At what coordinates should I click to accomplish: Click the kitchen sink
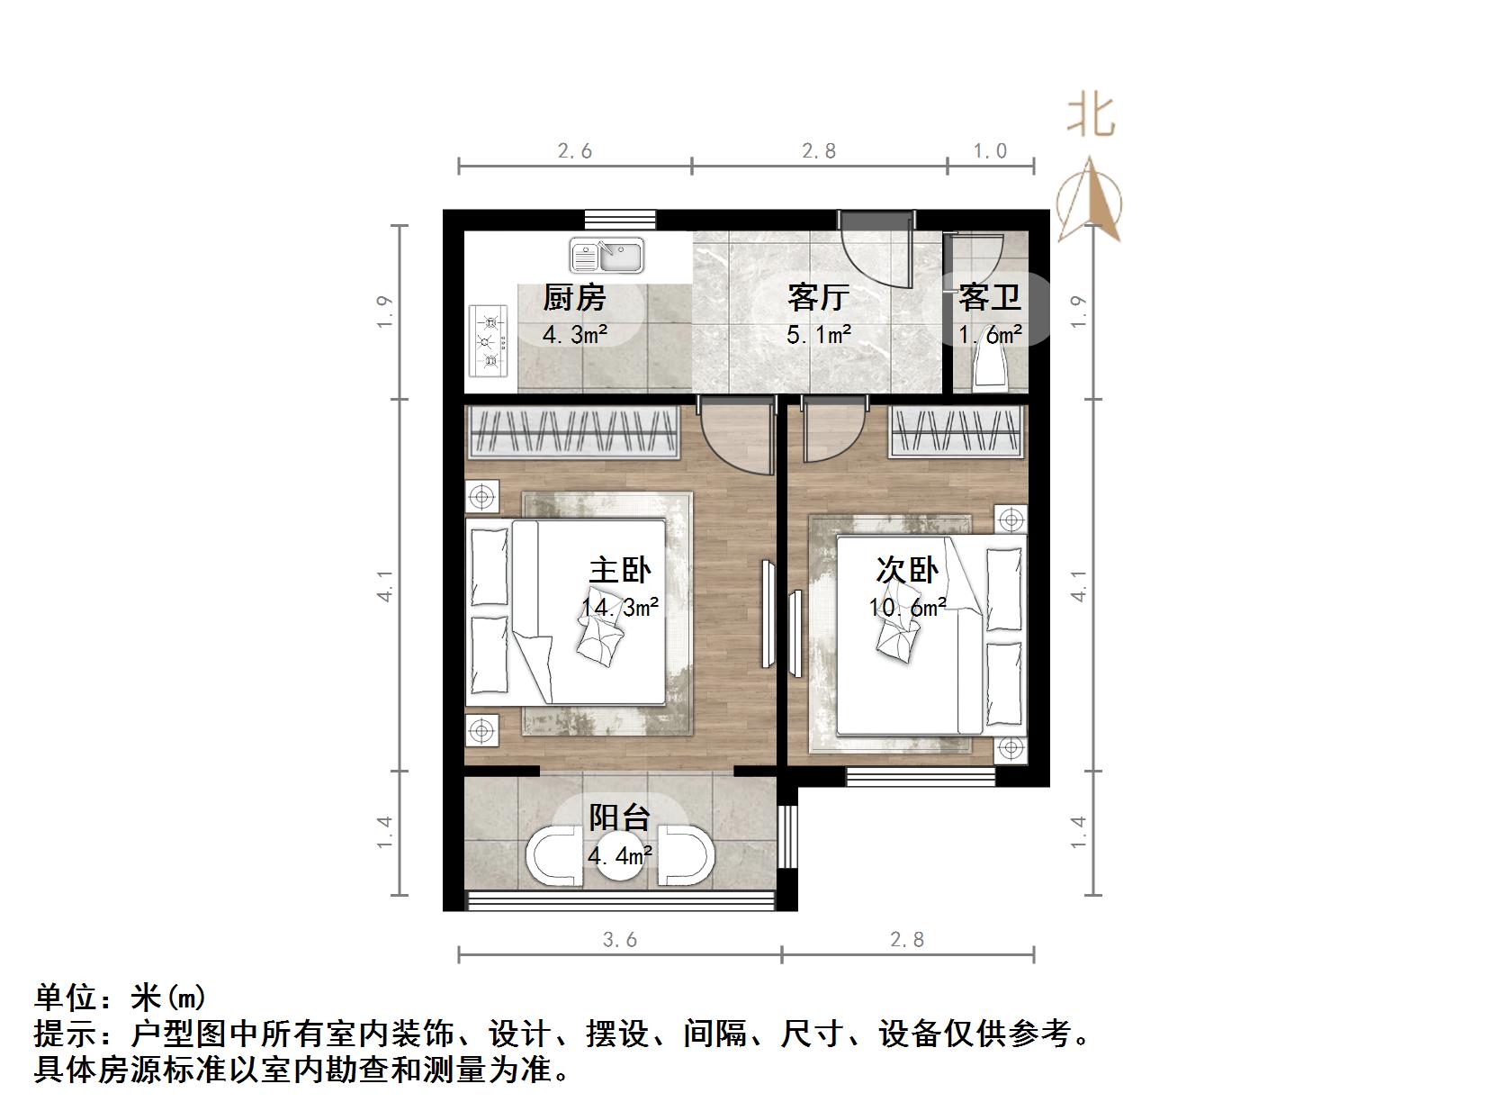click(x=607, y=256)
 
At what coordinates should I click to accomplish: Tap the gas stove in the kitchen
click(x=489, y=341)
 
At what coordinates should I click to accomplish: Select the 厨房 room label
click(x=574, y=297)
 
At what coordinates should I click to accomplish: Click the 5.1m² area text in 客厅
click(x=819, y=335)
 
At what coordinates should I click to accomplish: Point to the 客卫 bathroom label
click(x=989, y=296)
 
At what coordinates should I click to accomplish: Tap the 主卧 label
click(x=620, y=570)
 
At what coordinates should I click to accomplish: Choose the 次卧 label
click(x=907, y=570)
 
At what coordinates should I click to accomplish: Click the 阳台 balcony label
click(x=619, y=817)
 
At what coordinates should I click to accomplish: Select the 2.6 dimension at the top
click(x=575, y=151)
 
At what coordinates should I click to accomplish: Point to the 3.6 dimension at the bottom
click(x=620, y=940)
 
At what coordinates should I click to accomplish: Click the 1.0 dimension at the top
click(x=990, y=151)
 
